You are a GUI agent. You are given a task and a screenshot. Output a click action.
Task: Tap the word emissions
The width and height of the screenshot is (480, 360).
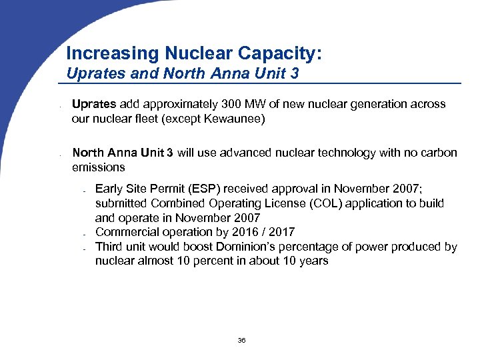99,167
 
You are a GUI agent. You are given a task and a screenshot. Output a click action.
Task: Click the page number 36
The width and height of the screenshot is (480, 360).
241,341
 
